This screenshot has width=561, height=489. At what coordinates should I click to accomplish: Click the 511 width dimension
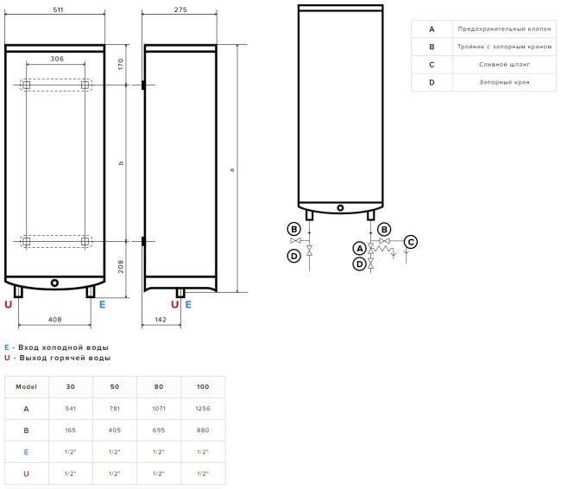[x=55, y=9]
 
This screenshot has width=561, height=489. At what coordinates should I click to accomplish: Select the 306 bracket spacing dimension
[x=56, y=59]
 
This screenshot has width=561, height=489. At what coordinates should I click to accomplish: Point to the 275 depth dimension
[x=180, y=9]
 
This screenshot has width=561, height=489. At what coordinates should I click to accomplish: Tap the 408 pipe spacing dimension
[x=55, y=320]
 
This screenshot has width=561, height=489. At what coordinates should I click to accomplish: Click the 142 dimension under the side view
[x=160, y=320]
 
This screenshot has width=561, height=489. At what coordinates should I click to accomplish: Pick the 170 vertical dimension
[x=122, y=63]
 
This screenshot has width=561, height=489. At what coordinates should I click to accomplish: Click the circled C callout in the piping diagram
[x=411, y=242]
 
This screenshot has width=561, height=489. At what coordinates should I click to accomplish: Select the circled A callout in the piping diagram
[x=359, y=248]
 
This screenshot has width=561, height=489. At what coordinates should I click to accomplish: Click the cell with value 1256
[x=203, y=408]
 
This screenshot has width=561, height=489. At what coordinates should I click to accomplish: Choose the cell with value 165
[x=71, y=429]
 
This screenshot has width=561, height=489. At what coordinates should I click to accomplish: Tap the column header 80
[x=159, y=386]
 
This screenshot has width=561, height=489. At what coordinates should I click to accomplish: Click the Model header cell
[x=26, y=386]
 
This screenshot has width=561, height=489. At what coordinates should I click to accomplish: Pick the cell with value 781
[x=115, y=408]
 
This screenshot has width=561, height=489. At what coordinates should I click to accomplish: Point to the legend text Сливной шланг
[x=504, y=64]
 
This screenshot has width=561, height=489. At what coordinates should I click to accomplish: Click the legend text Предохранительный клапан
[x=504, y=29]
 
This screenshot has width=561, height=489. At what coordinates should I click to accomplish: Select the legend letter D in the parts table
[x=432, y=82]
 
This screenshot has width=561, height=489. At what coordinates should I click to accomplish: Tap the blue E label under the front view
[x=102, y=304]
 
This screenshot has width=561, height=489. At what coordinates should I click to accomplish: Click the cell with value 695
[x=159, y=429]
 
